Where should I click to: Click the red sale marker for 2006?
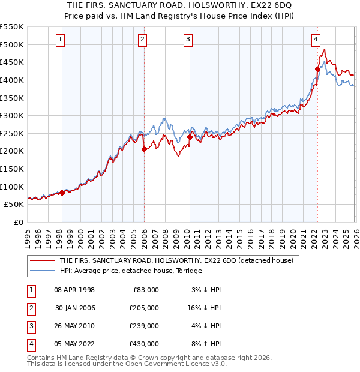pyautogui.click(x=144, y=149)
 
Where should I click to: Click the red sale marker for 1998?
pyautogui.click(x=62, y=193)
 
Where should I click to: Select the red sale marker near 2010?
pyautogui.click(x=190, y=137)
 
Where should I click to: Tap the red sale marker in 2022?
pyautogui.click(x=317, y=69)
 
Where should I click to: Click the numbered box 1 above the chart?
pyautogui.click(x=61, y=40)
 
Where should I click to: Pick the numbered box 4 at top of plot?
pyautogui.click(x=316, y=40)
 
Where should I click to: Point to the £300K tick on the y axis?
pyautogui.click(x=12, y=115)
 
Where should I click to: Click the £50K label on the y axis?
pyautogui.click(x=14, y=204)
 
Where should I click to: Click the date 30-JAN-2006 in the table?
pyautogui.click(x=75, y=308)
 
